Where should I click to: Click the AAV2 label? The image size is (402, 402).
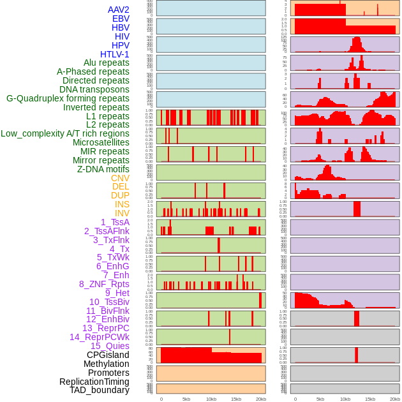pos(119,10)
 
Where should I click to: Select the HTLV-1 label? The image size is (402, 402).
pos(115,54)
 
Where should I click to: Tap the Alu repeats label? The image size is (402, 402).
pos(107,63)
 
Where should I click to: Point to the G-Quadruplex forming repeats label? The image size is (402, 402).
pos(68,98)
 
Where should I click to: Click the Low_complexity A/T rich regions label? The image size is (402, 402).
pos(65,133)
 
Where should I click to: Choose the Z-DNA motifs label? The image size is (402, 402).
pos(103,169)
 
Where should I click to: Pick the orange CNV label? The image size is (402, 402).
pos(120,178)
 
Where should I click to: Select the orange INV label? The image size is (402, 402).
pos(122,213)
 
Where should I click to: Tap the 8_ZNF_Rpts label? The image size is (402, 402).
pos(104,284)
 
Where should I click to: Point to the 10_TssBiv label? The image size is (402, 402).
pos(109,302)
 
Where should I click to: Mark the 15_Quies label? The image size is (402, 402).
pos(110,346)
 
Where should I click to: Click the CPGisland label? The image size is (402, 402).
pos(108,355)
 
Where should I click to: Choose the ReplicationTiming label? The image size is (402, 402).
pos(94,382)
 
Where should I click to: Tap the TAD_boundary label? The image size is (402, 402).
pos(99,390)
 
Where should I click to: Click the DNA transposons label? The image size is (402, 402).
pos(94,89)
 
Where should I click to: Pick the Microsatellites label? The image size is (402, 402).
pos(101,142)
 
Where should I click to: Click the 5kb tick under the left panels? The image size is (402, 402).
pos(186,399)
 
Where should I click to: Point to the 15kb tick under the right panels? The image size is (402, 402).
pos(370,399)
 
